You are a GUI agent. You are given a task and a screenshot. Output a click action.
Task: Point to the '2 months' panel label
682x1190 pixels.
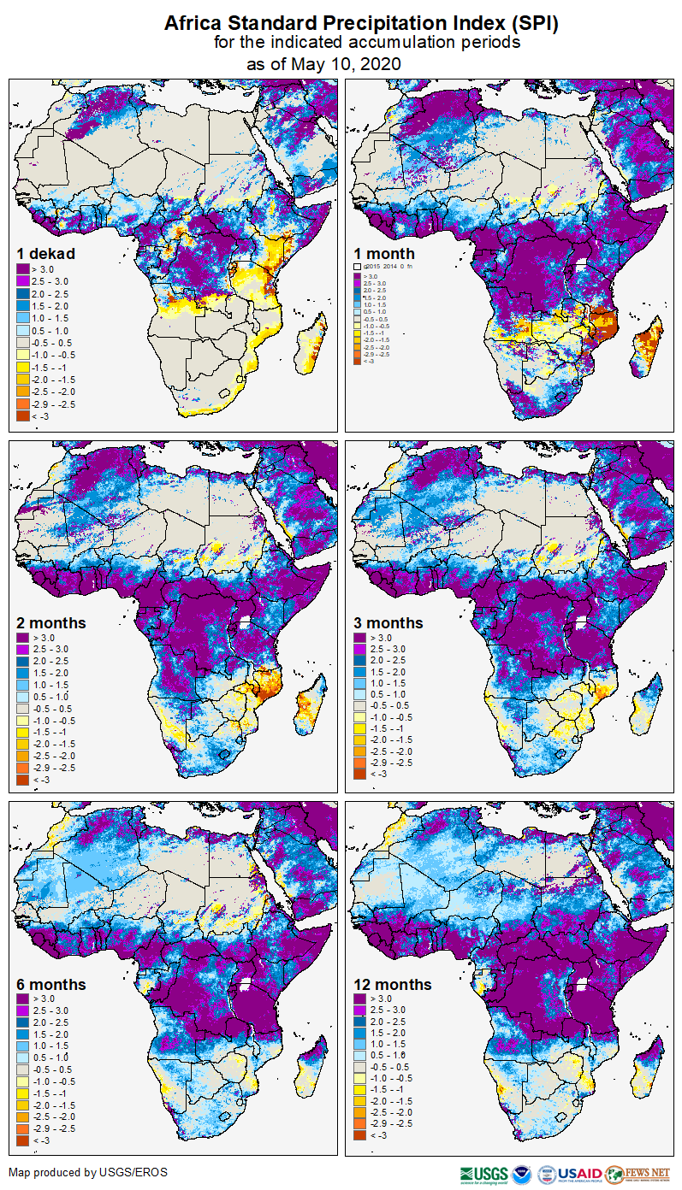point(50,622)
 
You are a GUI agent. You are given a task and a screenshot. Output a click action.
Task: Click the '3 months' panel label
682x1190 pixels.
point(388,622)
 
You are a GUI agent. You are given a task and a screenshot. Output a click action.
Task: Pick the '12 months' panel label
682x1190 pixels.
point(393,984)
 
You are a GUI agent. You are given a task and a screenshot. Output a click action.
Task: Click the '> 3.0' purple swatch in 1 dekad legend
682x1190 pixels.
point(23,269)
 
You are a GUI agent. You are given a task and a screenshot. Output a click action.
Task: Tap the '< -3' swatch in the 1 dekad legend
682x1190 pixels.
point(23,415)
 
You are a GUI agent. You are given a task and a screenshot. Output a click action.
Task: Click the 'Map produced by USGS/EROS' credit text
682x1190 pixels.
point(88,1171)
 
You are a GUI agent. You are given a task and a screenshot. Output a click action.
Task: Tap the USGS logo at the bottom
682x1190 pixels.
point(483,1173)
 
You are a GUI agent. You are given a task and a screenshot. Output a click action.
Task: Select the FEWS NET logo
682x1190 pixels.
point(638,1173)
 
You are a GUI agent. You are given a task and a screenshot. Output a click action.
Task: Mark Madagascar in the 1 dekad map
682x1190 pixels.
point(310,342)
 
